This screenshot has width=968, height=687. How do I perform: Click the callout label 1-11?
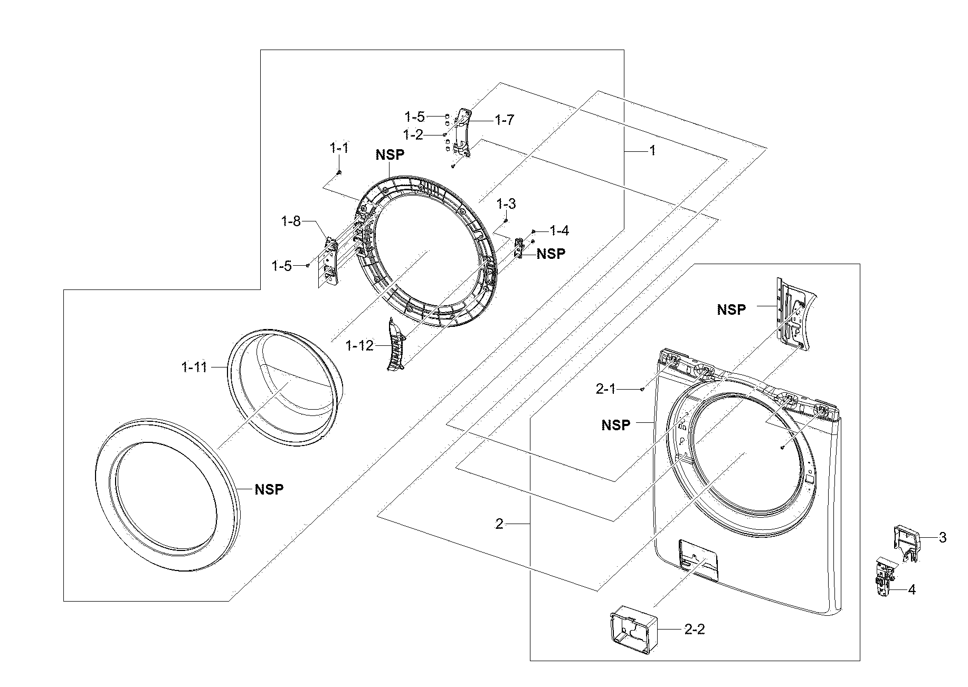194,367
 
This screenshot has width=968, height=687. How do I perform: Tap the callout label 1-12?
359,346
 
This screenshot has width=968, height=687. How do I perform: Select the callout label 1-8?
290,221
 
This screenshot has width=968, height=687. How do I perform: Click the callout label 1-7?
504,120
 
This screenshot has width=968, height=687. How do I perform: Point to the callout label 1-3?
506,204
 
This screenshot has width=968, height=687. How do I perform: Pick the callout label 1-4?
559,230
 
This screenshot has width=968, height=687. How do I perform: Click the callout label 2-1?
605,389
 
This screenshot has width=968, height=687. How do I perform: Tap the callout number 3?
942,538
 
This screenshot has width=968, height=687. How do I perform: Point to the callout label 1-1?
339,148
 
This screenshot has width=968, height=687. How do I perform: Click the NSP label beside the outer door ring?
269,489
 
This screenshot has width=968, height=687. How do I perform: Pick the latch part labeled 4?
885,577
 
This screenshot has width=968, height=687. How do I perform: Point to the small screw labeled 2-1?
641,389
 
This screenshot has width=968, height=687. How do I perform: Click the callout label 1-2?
413,134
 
